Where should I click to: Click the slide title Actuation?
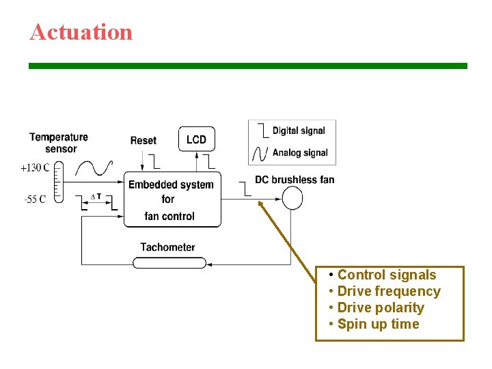coord(81,32)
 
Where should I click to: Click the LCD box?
coord(196,139)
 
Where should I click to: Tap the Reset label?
coord(143,141)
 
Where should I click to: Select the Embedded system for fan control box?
coord(172,200)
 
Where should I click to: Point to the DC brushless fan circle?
coord(292,198)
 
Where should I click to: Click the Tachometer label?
coord(167,247)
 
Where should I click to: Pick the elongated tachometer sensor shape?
coord(169,262)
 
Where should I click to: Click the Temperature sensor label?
coord(59,143)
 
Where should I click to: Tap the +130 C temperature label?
coord(35,168)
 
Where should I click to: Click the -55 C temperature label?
coord(35,200)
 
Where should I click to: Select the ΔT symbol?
coord(96,197)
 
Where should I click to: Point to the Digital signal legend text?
coord(299,131)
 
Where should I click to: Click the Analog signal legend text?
coord(300,152)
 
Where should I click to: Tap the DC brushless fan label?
coord(295,180)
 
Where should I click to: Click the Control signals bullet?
coord(386,275)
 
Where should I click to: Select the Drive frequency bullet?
coord(388,292)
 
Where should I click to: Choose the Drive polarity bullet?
coord(380,308)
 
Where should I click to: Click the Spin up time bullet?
coord(378,325)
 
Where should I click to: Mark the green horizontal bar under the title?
coord(247,66)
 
